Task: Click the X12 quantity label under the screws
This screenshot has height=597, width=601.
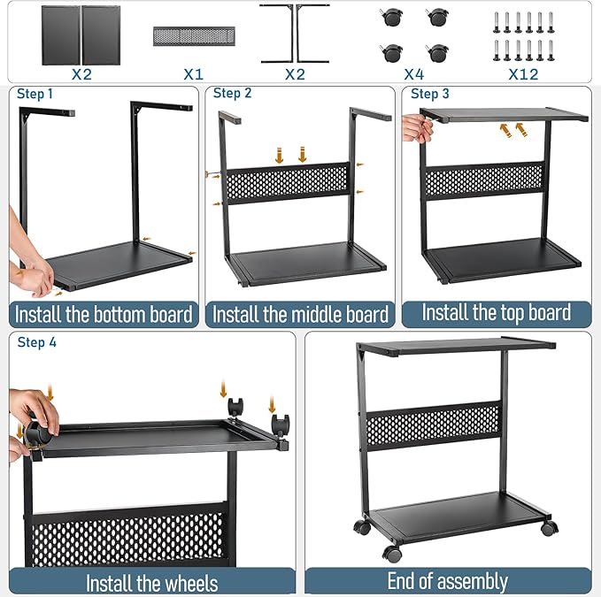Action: click(523, 73)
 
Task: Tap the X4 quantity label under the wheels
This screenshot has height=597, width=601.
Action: click(412, 73)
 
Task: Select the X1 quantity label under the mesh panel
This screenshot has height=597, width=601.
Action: click(193, 73)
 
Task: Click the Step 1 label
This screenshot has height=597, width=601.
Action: click(35, 94)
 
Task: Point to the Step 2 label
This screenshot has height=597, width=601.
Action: click(233, 93)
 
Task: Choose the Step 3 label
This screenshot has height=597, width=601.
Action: click(430, 94)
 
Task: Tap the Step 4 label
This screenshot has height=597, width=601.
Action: click(36, 342)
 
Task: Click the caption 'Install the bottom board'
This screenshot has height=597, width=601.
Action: click(104, 314)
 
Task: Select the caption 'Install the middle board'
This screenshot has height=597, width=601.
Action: click(300, 315)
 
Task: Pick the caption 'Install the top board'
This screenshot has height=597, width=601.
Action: click(496, 312)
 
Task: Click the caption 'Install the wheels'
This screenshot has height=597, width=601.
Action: click(151, 582)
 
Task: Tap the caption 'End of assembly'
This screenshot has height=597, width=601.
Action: click(447, 581)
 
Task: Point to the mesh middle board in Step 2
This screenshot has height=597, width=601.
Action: click(288, 182)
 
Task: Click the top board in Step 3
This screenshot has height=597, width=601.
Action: click(505, 116)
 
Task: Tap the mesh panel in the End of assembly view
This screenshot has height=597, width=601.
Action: click(434, 426)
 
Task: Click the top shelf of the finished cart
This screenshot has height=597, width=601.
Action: click(456, 347)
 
